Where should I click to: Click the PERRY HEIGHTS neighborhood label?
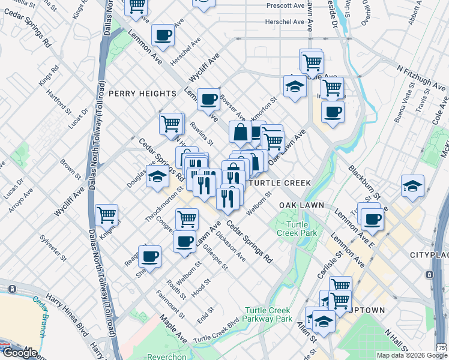pyautogui.click(x=142, y=94)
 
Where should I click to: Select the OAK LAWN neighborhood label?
pyautogui.click(x=301, y=205)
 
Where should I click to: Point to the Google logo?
pyautogui.click(x=19, y=352)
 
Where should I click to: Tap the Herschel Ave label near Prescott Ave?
pyautogui.click(x=285, y=22)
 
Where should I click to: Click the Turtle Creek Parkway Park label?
pyautogui.click(x=268, y=314)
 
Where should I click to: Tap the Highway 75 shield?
pyautogui.click(x=442, y=348)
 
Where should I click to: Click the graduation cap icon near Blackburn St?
pyautogui.click(x=412, y=185)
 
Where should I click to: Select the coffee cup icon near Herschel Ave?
pyautogui.click(x=163, y=35)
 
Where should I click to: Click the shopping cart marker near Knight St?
pyautogui.click(x=106, y=214)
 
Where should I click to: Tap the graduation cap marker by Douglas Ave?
pyautogui.click(x=157, y=176)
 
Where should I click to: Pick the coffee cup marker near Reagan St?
pyautogui.click(x=149, y=256)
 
